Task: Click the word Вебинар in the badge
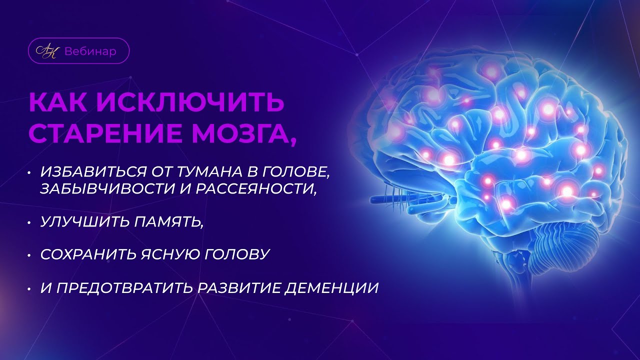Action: (x=90, y=51)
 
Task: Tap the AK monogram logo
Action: (x=47, y=51)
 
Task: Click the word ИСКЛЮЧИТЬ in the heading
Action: (x=193, y=102)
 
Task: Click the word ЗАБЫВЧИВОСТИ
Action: (x=104, y=189)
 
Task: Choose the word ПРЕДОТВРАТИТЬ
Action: (x=120, y=288)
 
